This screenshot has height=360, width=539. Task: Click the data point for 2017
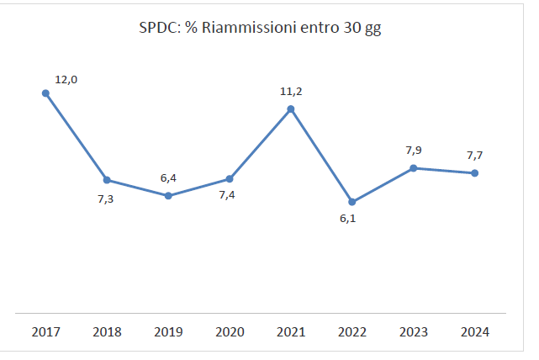tap(45, 93)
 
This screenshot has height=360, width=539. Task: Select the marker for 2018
tap(107, 180)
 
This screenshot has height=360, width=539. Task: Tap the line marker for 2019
tap(168, 196)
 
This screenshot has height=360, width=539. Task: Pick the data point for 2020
tap(230, 178)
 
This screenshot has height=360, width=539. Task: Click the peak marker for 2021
tap(291, 109)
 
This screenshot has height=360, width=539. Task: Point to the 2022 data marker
tap(352, 202)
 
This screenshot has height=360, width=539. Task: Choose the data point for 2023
tap(414, 168)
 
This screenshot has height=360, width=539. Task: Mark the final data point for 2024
tap(475, 173)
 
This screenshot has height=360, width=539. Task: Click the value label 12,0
tap(66, 80)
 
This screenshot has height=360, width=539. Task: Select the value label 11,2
tap(291, 91)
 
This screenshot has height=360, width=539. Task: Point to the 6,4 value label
tap(168, 178)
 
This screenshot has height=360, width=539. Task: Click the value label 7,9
tap(414, 151)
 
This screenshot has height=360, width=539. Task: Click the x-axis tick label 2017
tap(45, 331)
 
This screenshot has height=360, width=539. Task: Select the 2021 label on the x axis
tap(291, 331)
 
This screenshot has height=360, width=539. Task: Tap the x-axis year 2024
tap(475, 331)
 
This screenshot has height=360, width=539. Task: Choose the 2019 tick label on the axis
tap(168, 331)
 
